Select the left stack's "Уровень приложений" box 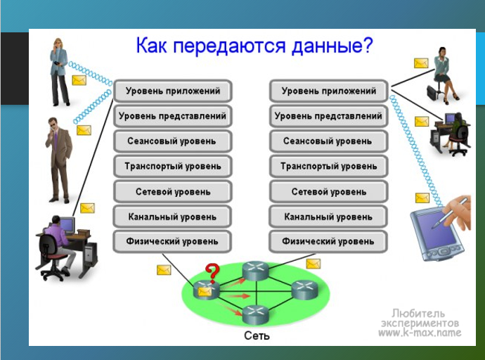coord(172,91)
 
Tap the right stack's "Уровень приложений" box coord(328,91)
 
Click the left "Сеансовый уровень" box coord(172,141)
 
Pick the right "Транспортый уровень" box coord(328,167)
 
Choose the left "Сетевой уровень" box coord(172,191)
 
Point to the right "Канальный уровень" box coord(328,217)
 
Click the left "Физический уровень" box coord(172,242)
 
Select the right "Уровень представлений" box coord(328,116)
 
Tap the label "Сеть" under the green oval coord(256,336)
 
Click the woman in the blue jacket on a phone coord(59,70)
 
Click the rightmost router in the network coord(303,288)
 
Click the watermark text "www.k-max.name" coord(420,332)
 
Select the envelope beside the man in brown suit coord(84,131)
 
